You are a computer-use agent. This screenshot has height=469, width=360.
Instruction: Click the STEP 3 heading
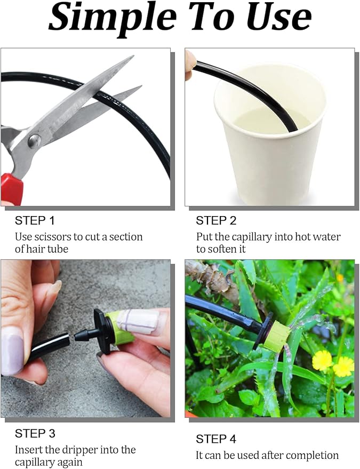(35, 433)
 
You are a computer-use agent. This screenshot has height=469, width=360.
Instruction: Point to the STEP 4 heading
(216, 439)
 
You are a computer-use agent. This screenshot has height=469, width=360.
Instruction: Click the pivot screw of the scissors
(34, 140)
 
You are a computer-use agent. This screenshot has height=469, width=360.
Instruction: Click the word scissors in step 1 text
(53, 236)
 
